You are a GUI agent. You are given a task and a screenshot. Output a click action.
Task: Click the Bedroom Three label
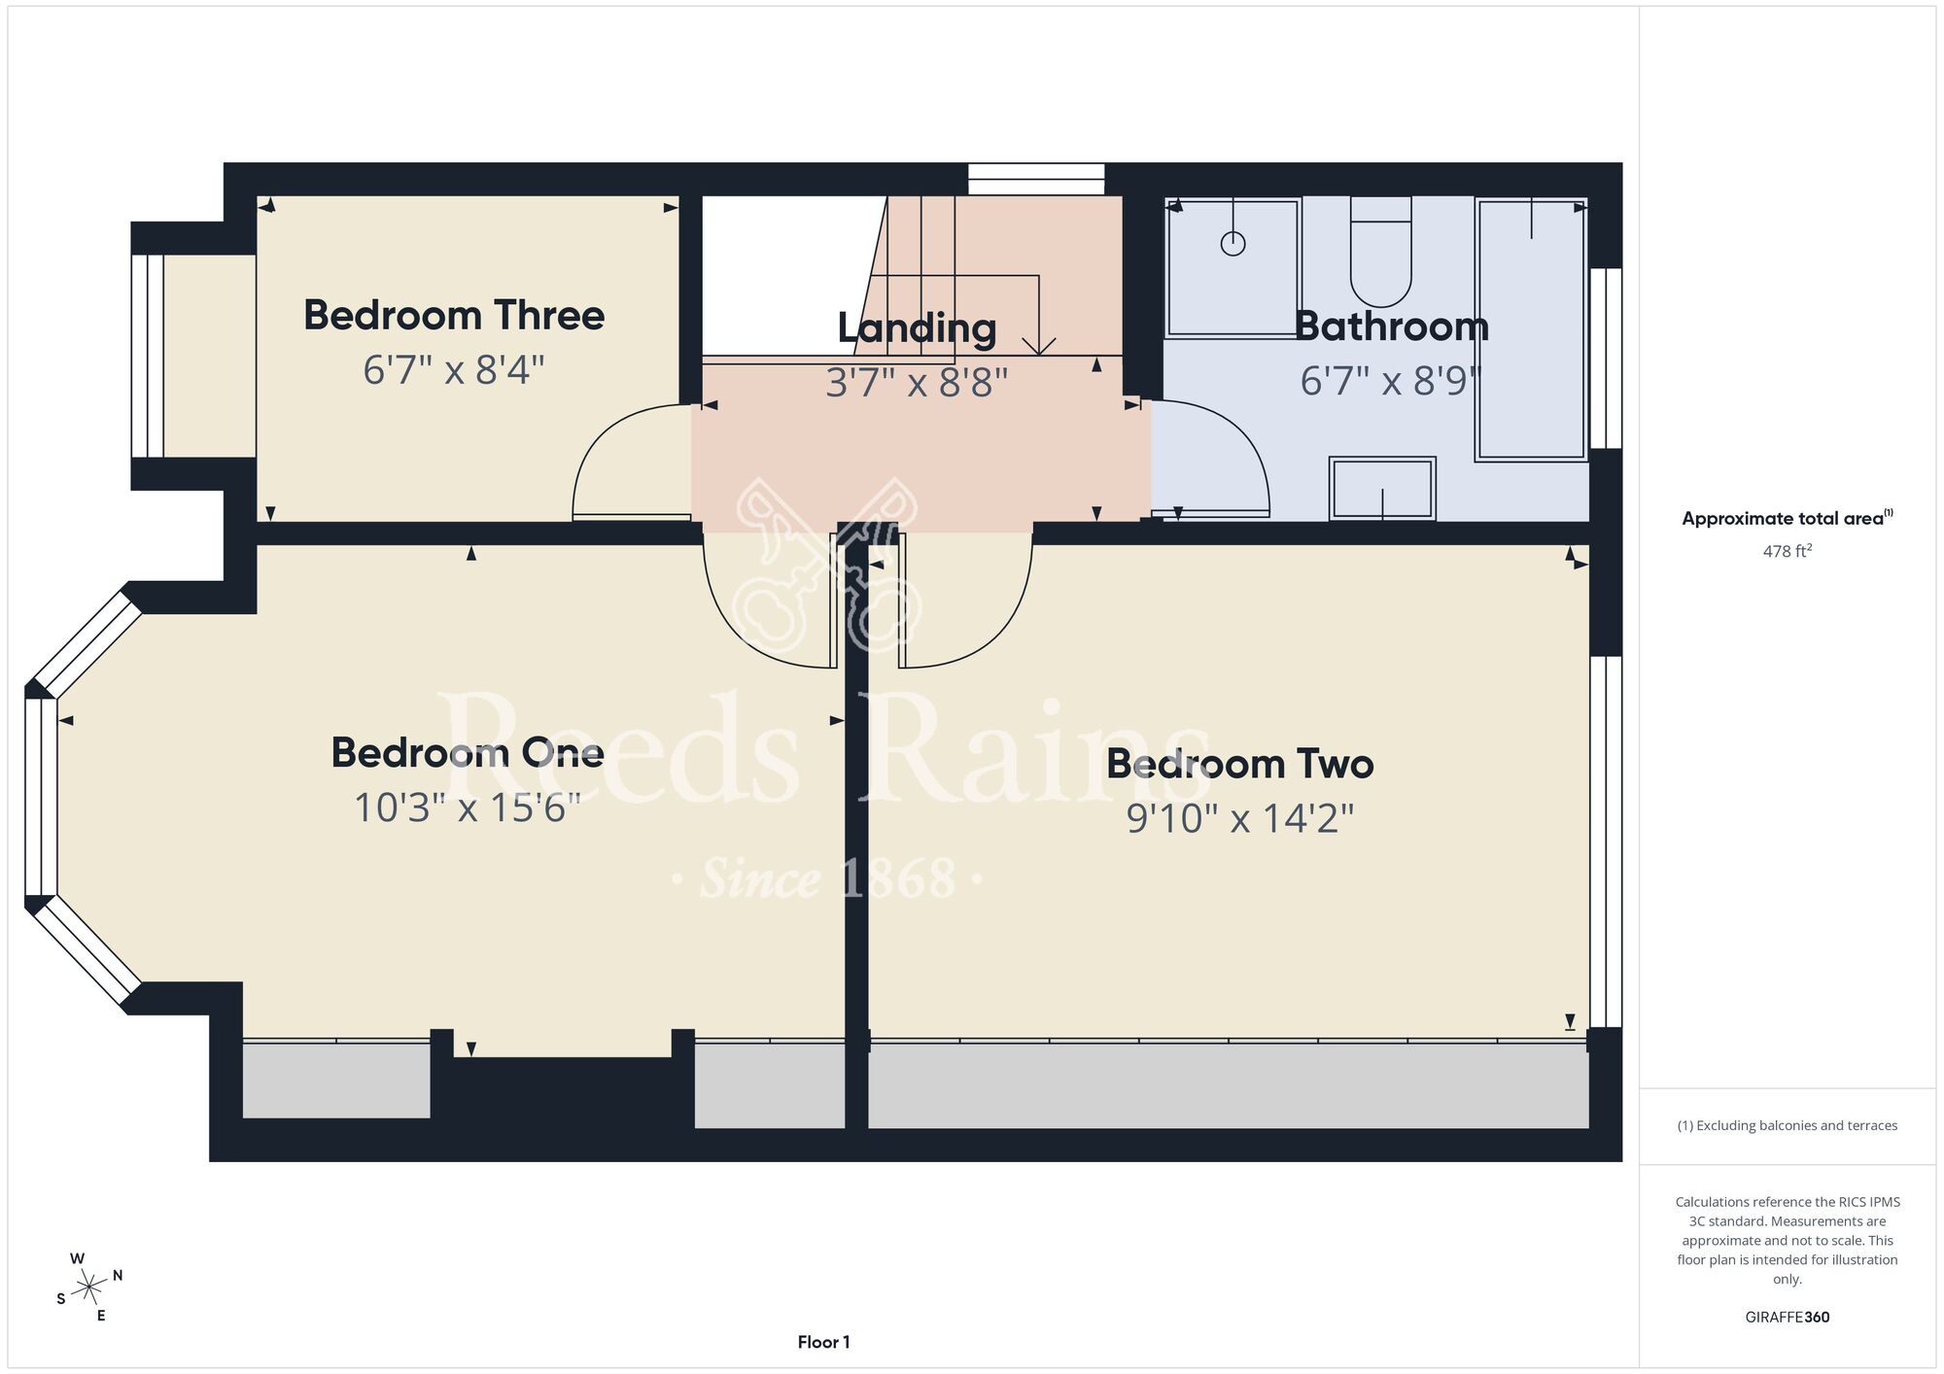[x=454, y=315]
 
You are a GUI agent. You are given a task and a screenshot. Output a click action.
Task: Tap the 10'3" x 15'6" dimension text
[x=467, y=807]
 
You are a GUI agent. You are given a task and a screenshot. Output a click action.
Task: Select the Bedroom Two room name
[x=1240, y=764]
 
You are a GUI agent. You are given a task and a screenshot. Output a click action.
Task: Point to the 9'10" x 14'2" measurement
[x=1240, y=818]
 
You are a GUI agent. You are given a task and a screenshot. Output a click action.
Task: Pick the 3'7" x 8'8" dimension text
[x=917, y=382]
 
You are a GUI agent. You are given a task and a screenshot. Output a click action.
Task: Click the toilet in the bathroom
[x=1380, y=252]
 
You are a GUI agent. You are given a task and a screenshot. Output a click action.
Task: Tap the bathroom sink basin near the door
[x=1382, y=488]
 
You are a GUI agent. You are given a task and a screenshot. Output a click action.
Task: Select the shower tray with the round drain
[x=1232, y=267]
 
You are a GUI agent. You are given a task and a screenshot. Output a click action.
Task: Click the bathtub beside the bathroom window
[x=1531, y=329]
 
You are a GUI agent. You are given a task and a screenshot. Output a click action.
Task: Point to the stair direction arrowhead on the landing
[x=1039, y=345]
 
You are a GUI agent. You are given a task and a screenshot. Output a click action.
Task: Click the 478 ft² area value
[x=1788, y=551]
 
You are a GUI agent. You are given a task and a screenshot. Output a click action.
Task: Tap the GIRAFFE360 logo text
[x=1788, y=1318]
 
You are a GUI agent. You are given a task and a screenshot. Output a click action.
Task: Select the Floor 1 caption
[x=823, y=1342]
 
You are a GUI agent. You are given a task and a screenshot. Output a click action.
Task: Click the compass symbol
[x=89, y=1288]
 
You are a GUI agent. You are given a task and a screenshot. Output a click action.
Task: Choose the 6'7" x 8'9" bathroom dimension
[x=1391, y=381]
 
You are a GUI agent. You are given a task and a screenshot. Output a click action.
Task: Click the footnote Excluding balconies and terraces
[x=1788, y=1125]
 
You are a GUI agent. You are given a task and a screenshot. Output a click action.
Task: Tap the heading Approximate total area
[x=1788, y=518]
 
